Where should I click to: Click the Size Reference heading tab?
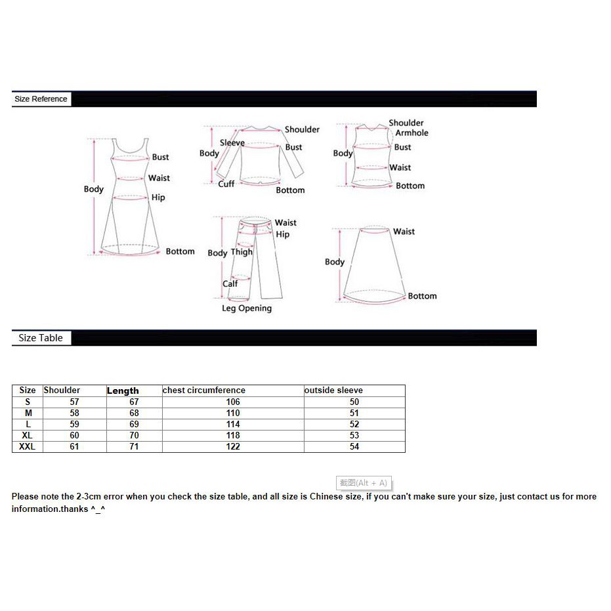click(41, 99)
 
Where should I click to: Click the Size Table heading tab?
click(41, 338)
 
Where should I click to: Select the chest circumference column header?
click(204, 390)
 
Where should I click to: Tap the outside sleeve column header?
click(333, 390)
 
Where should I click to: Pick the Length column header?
click(123, 391)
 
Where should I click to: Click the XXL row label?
click(28, 447)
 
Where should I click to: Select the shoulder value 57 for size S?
click(74, 402)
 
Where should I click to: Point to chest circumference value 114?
click(232, 424)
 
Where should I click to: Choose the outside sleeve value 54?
click(354, 447)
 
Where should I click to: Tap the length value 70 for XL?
click(134, 435)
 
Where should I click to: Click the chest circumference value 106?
click(232, 402)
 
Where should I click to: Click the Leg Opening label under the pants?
click(246, 308)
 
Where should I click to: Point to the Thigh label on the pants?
click(242, 252)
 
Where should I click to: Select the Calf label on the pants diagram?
click(230, 284)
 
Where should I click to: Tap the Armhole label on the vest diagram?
click(411, 133)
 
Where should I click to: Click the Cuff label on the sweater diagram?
click(226, 184)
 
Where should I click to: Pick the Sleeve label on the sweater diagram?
click(232, 143)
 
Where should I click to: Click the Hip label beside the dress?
click(158, 198)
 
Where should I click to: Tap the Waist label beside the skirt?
click(404, 232)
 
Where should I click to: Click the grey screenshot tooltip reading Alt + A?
click(364, 483)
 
